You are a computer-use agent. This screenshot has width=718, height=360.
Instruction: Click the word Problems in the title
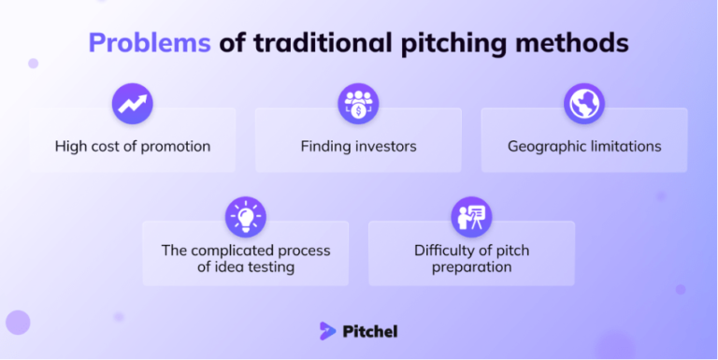pos(150,43)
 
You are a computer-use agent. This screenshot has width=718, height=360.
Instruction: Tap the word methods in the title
pos(576,43)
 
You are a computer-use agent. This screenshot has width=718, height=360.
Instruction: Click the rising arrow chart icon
pos(132,103)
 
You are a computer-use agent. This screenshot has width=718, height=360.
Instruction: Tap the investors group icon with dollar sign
pos(358,103)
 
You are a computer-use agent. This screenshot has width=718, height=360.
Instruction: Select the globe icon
pos(584,103)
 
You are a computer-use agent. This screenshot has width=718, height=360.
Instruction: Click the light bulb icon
pos(245,217)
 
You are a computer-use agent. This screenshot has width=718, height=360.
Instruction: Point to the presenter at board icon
pos(471,217)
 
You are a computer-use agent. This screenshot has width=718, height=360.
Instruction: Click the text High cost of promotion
pos(132,146)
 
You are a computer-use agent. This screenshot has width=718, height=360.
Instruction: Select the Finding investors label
pos(358,146)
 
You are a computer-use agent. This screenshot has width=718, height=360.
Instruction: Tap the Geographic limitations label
pos(584,146)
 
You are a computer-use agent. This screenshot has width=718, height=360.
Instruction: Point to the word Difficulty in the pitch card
pos(445,251)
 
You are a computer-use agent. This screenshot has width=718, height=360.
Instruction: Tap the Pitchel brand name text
pos(371,330)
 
